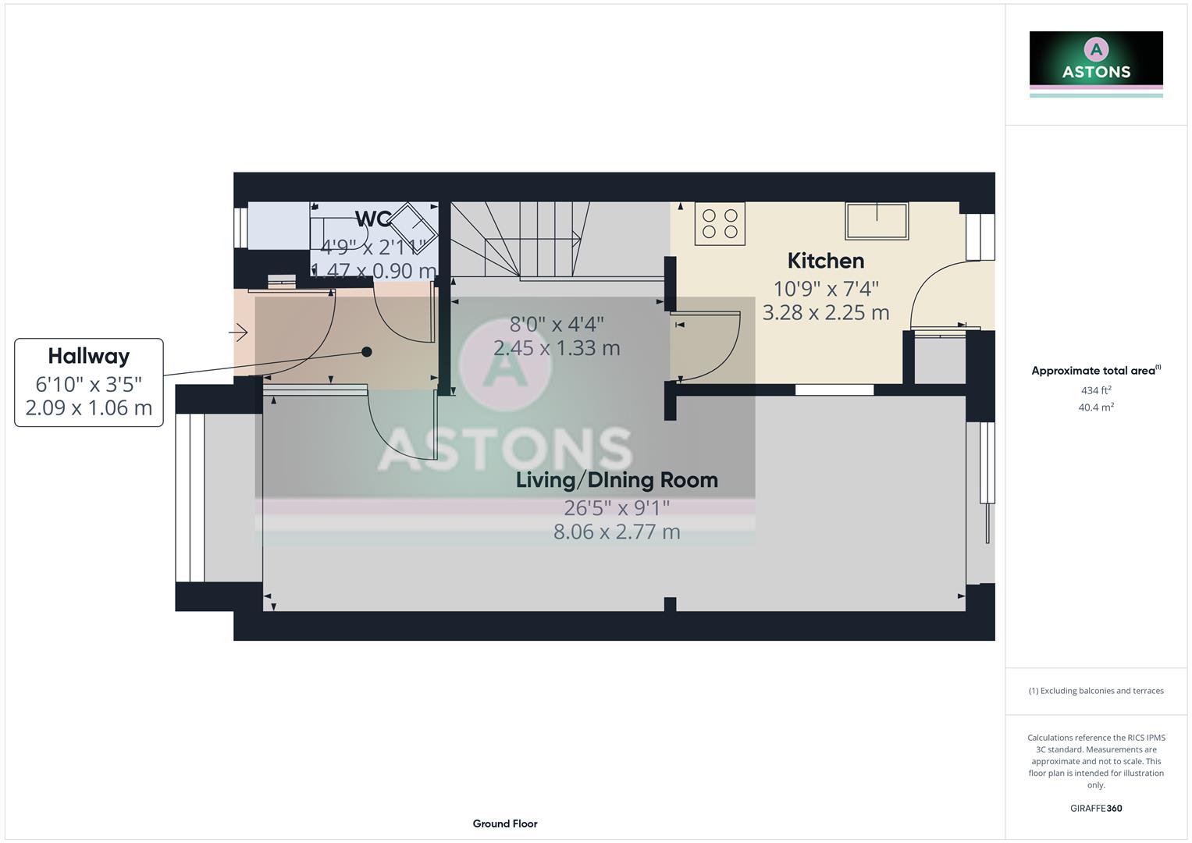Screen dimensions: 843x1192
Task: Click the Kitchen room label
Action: tap(825, 261)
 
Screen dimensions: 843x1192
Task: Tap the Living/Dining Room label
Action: tap(617, 480)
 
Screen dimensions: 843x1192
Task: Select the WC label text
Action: tap(372, 219)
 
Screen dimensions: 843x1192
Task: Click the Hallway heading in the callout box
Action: tap(89, 357)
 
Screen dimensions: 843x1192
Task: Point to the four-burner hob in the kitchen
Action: tap(720, 223)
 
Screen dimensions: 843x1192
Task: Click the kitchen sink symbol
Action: tap(877, 221)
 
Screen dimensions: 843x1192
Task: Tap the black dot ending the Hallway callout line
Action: tap(367, 352)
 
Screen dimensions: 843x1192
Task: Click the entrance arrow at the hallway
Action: tap(239, 333)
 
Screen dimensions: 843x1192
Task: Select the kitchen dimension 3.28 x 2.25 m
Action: tap(825, 313)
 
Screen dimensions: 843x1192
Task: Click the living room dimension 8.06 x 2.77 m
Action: tap(617, 532)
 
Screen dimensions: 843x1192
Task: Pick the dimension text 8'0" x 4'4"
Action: tap(557, 324)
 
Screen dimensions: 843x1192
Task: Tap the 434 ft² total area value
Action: tap(1096, 390)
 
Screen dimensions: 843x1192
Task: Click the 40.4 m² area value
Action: tap(1096, 407)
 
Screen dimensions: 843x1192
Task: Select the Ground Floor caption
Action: tap(505, 823)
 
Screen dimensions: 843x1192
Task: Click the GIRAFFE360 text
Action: tap(1096, 809)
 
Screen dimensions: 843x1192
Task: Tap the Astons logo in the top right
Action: tap(1096, 62)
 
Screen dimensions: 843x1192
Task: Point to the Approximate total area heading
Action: tap(1095, 371)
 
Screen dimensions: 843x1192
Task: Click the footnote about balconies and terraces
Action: tap(1096, 691)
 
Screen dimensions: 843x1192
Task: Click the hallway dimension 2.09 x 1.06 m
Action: tap(89, 408)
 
